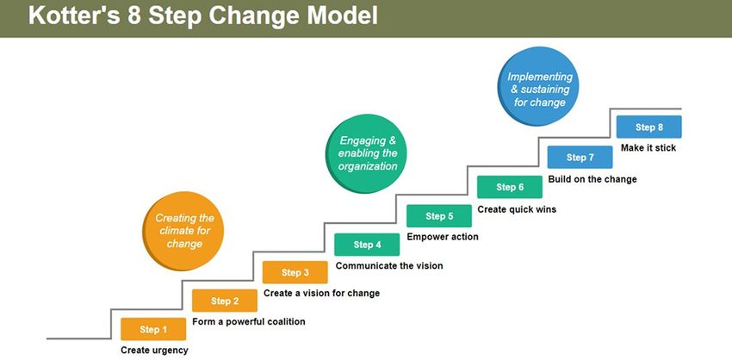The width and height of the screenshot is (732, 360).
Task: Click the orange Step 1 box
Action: [153, 329]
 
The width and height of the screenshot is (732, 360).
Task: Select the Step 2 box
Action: [225, 301]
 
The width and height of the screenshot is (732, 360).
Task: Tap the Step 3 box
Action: [295, 272]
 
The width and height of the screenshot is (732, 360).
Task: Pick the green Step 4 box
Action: [367, 245]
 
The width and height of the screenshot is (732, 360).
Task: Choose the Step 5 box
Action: [439, 215]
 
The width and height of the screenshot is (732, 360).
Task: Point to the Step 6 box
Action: [510, 187]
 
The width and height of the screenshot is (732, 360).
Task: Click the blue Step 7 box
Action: [580, 157]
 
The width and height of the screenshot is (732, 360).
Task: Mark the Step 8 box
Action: [649, 127]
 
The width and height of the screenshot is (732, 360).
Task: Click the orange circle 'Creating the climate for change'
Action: [183, 231]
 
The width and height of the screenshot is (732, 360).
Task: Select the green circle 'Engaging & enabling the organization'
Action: [366, 153]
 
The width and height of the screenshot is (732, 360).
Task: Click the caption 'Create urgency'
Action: [154, 351]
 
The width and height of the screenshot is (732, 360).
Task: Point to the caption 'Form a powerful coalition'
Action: [249, 322]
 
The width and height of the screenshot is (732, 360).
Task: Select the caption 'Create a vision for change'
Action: [322, 293]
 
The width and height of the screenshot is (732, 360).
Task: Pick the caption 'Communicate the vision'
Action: [389, 265]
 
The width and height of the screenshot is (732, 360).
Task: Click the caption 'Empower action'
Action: [443, 237]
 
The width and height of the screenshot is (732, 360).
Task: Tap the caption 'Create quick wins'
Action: [517, 209]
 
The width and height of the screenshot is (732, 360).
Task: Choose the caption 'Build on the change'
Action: [592, 179]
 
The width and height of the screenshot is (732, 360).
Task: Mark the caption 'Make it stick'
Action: [648, 147]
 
